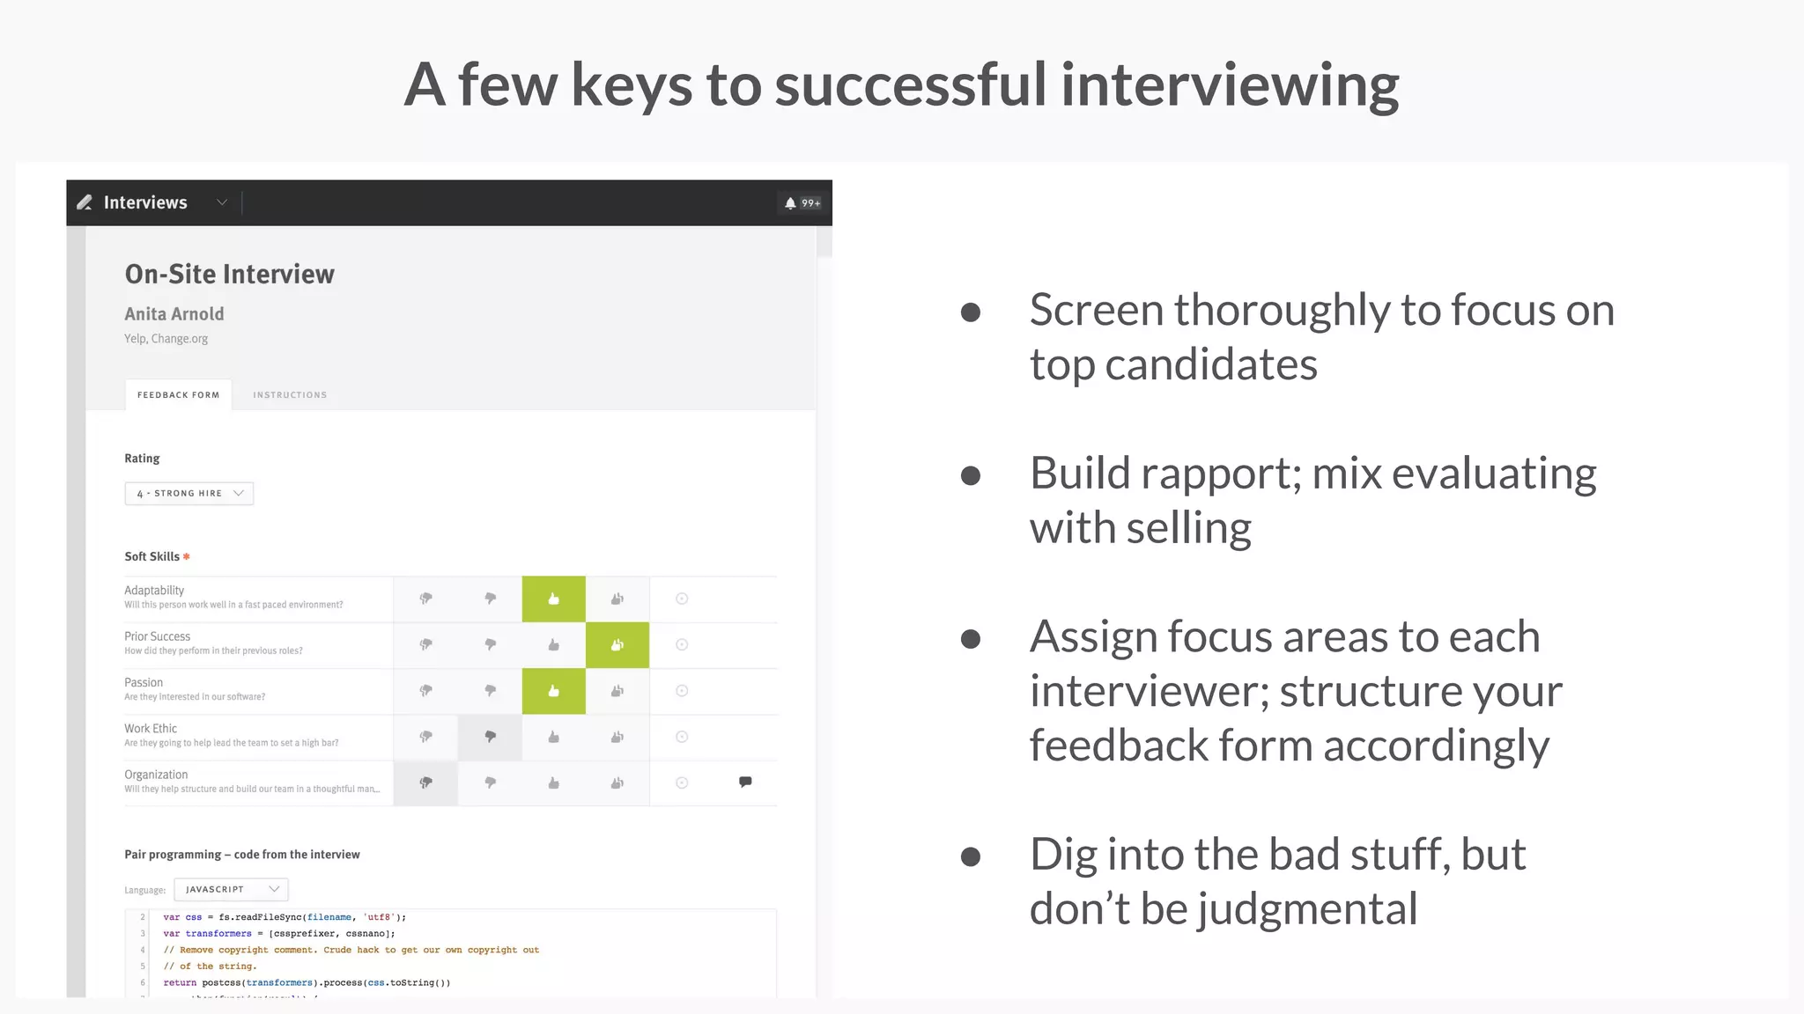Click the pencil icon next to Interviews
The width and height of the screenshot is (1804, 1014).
pyautogui.click(x=85, y=202)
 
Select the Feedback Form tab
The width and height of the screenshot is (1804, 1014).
pyautogui.click(x=178, y=395)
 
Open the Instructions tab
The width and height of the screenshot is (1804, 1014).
pyautogui.click(x=290, y=395)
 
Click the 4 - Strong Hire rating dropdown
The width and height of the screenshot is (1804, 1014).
pyautogui.click(x=189, y=494)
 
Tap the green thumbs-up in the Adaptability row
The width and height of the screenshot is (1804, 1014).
pyautogui.click(x=553, y=599)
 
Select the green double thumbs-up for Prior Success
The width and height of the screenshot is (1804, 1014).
pyautogui.click(x=617, y=645)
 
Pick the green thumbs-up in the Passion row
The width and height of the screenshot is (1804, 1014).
pyautogui.click(x=553, y=692)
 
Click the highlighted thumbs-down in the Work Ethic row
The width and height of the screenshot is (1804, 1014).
pyautogui.click(x=490, y=738)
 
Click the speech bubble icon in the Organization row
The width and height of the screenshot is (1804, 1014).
pyautogui.click(x=745, y=782)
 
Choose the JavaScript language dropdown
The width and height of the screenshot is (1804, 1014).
pyautogui.click(x=231, y=890)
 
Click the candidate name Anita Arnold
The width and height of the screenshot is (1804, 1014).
pyautogui.click(x=174, y=314)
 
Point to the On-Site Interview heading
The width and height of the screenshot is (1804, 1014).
pyautogui.click(x=229, y=275)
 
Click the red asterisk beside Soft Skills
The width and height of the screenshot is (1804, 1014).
pyautogui.click(x=186, y=557)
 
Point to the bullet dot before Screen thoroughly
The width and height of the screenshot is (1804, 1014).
pyautogui.click(x=971, y=312)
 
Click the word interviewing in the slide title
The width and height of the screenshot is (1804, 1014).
pyautogui.click(x=1230, y=86)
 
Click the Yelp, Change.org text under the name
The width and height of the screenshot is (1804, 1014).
pyautogui.click(x=166, y=339)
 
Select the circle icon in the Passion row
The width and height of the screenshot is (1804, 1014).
pyautogui.click(x=682, y=692)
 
